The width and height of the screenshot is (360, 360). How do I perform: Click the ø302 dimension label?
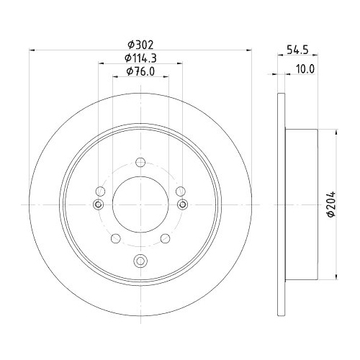click(x=140, y=43)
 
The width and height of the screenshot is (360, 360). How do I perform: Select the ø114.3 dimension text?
click(x=140, y=57)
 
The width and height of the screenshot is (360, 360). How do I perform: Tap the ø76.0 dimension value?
click(x=140, y=71)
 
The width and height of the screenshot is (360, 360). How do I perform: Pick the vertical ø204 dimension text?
click(x=330, y=205)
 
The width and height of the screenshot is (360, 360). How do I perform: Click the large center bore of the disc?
click(x=140, y=205)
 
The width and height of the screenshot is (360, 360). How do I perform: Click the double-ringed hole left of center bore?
click(x=99, y=205)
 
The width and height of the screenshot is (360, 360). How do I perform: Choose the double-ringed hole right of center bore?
click(x=181, y=205)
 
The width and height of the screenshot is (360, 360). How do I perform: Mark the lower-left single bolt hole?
click(x=115, y=238)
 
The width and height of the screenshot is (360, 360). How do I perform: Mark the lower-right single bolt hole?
click(x=166, y=238)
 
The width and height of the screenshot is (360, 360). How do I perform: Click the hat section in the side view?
click(x=302, y=205)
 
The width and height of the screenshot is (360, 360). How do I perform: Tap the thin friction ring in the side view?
click(x=280, y=205)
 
